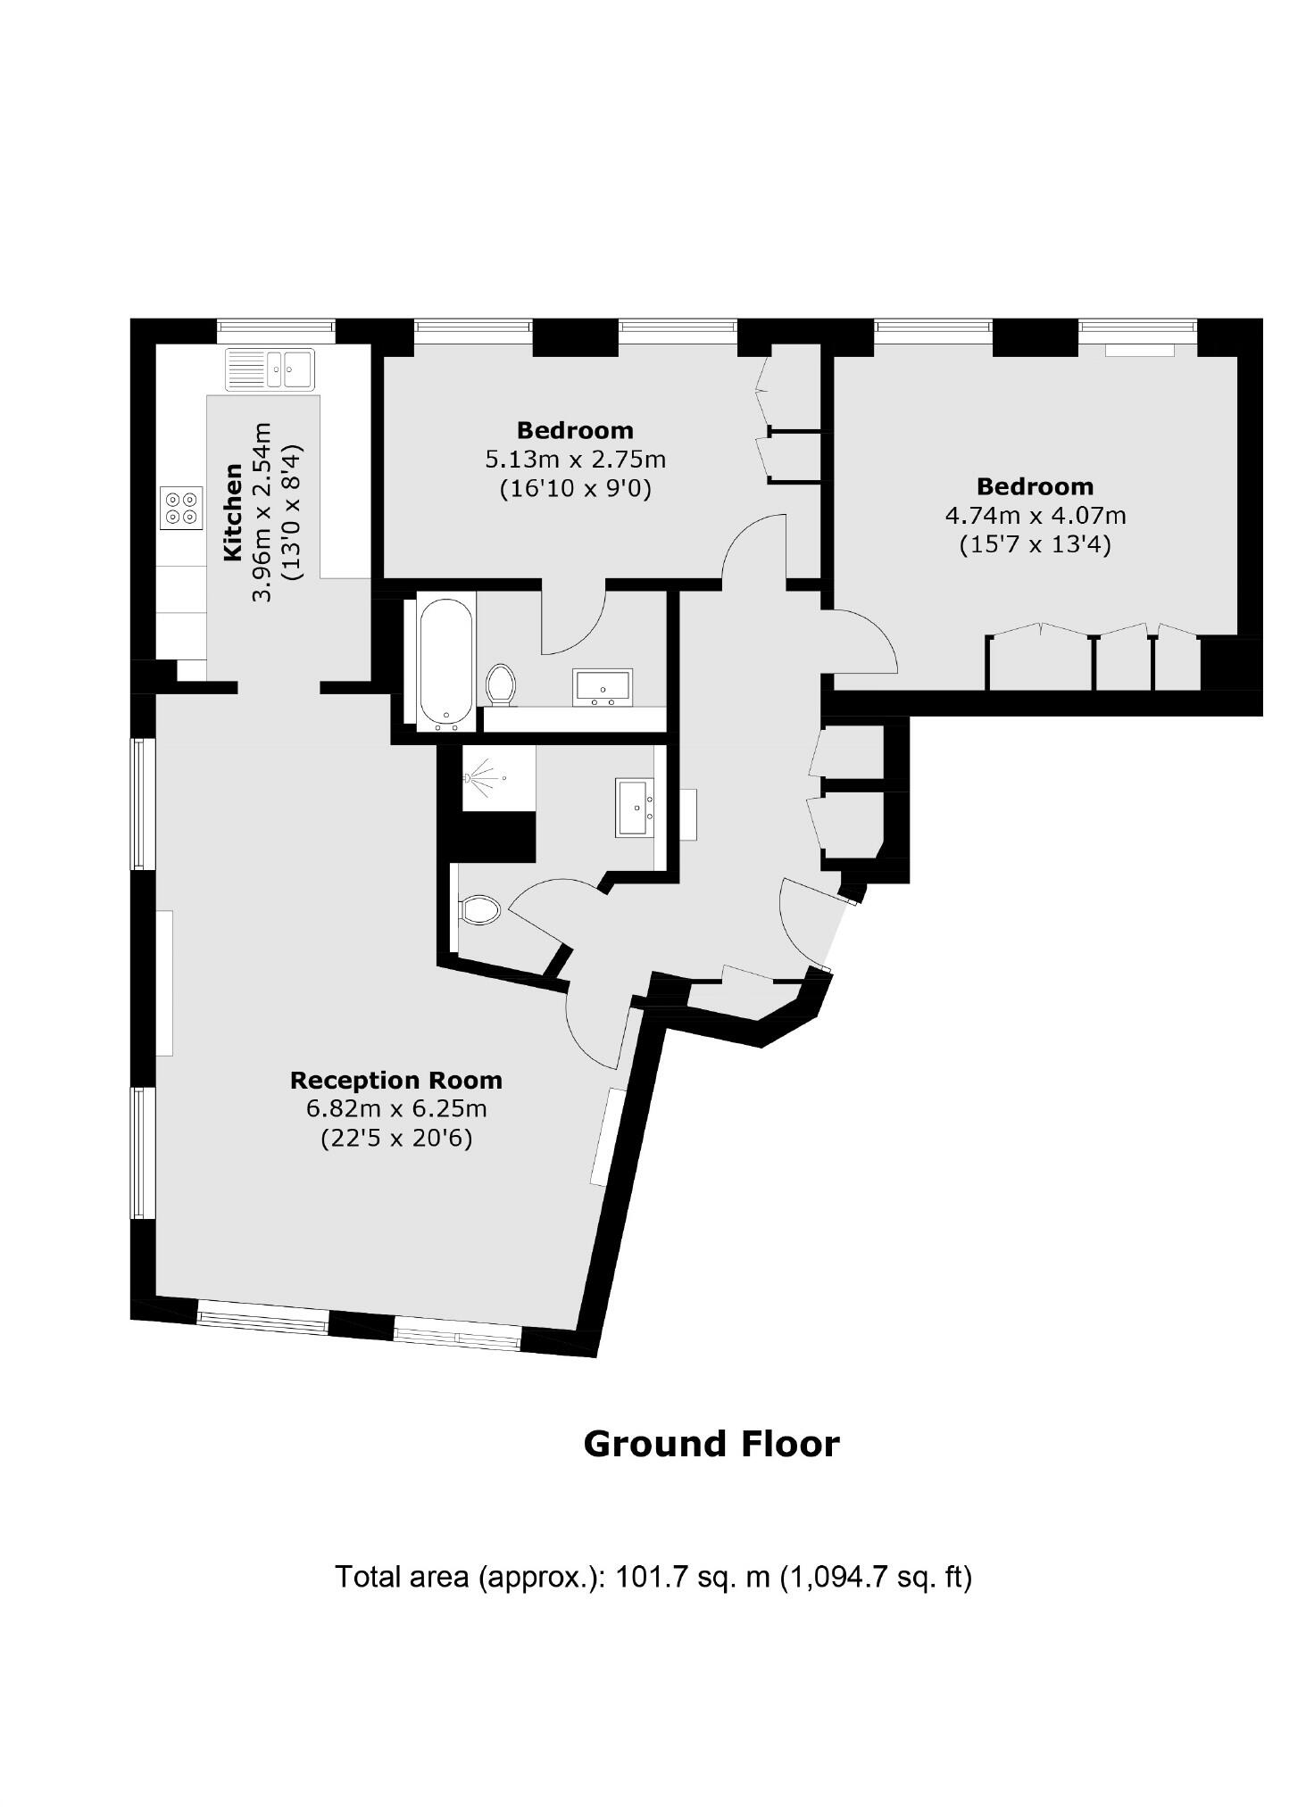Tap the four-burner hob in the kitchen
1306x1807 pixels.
point(181,508)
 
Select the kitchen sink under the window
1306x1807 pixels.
point(270,369)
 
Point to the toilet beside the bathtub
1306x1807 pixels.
point(501,686)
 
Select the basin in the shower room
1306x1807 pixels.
point(634,808)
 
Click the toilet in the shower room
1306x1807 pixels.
point(478,910)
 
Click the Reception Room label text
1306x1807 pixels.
point(395,1081)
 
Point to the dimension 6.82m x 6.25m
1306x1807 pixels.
point(395,1109)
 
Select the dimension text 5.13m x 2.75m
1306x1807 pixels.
point(575,460)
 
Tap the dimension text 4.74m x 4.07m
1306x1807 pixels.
point(1035,516)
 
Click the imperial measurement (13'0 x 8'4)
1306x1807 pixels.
point(292,512)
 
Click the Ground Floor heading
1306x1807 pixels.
point(711,1444)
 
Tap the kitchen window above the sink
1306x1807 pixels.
point(276,330)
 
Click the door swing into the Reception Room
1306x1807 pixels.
point(594,1026)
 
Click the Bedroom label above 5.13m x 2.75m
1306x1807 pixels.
point(575,430)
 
